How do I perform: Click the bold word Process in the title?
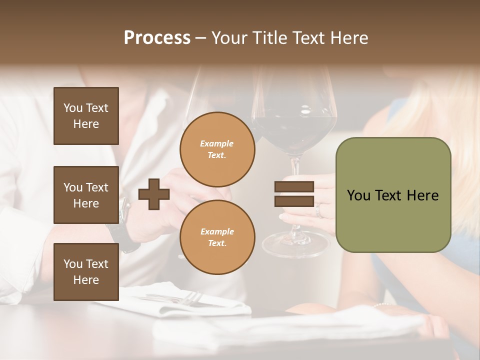(x=157, y=38)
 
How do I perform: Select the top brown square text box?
(x=86, y=116)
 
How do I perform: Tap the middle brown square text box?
(x=86, y=195)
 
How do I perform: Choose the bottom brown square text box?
(x=86, y=272)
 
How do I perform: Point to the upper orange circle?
(x=217, y=149)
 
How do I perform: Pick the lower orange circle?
(x=217, y=237)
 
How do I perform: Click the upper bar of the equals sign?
(x=294, y=187)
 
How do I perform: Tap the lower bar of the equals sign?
(x=294, y=201)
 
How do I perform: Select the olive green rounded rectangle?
(x=393, y=195)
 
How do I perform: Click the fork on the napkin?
(x=187, y=298)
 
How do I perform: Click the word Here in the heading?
(x=349, y=38)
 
